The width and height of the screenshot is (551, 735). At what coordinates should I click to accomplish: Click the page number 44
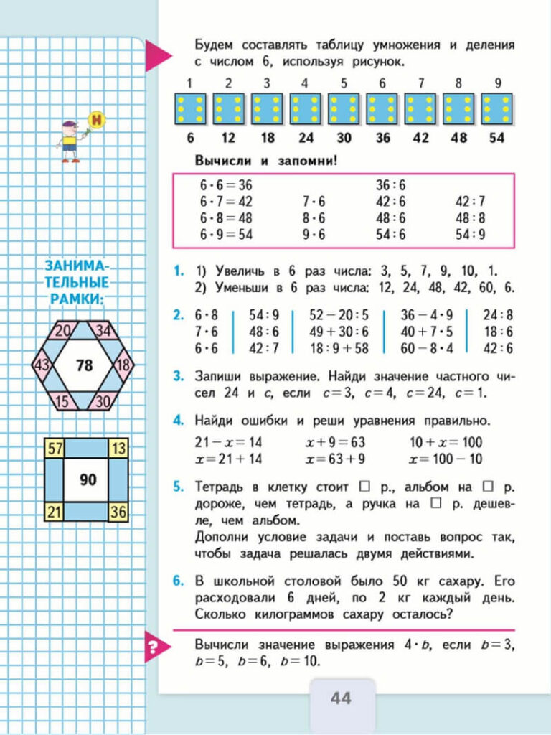[x=341, y=697]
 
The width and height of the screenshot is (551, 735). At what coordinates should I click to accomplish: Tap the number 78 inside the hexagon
[x=84, y=365]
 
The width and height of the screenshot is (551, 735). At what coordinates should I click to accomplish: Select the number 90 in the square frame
[x=88, y=479]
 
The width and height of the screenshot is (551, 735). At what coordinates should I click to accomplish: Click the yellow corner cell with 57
[x=54, y=449]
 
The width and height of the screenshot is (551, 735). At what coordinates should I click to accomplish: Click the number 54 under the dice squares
[x=496, y=137]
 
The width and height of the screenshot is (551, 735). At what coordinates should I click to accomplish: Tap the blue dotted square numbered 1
[x=189, y=109]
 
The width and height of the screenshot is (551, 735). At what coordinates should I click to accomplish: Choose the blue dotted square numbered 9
[x=496, y=109]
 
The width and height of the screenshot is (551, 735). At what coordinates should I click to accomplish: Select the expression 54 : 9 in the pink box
[x=471, y=234]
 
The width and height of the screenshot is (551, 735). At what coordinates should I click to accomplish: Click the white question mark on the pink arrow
[x=152, y=649]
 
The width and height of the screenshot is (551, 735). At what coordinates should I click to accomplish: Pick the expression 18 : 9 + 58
[x=339, y=350]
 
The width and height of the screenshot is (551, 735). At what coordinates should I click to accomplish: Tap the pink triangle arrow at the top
[x=157, y=55]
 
